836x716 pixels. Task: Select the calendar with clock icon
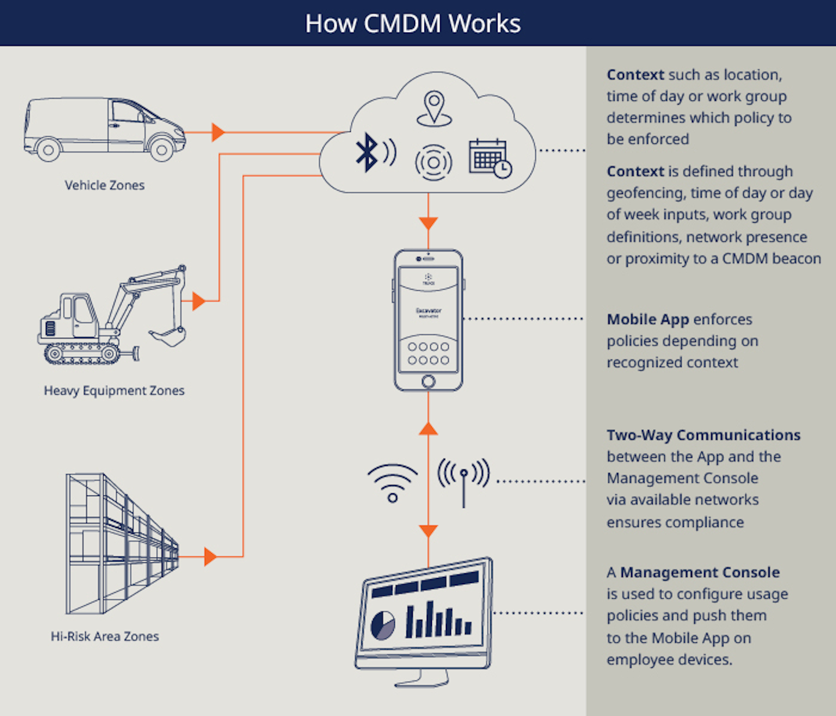489,158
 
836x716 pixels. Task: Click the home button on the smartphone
428,381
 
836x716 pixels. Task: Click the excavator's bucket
168,337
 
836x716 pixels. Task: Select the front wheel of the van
161,150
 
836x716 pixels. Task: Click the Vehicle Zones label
105,186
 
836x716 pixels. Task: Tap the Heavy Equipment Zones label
114,390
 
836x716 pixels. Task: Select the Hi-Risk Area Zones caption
105,637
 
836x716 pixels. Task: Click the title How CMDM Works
413,24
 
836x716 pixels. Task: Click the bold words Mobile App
648,320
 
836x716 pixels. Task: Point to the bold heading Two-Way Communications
704,435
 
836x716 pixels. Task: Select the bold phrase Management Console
700,573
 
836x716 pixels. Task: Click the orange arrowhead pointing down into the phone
428,223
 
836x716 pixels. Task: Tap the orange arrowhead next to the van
218,132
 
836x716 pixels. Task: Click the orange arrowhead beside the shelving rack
210,557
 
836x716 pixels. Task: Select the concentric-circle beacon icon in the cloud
433,162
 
